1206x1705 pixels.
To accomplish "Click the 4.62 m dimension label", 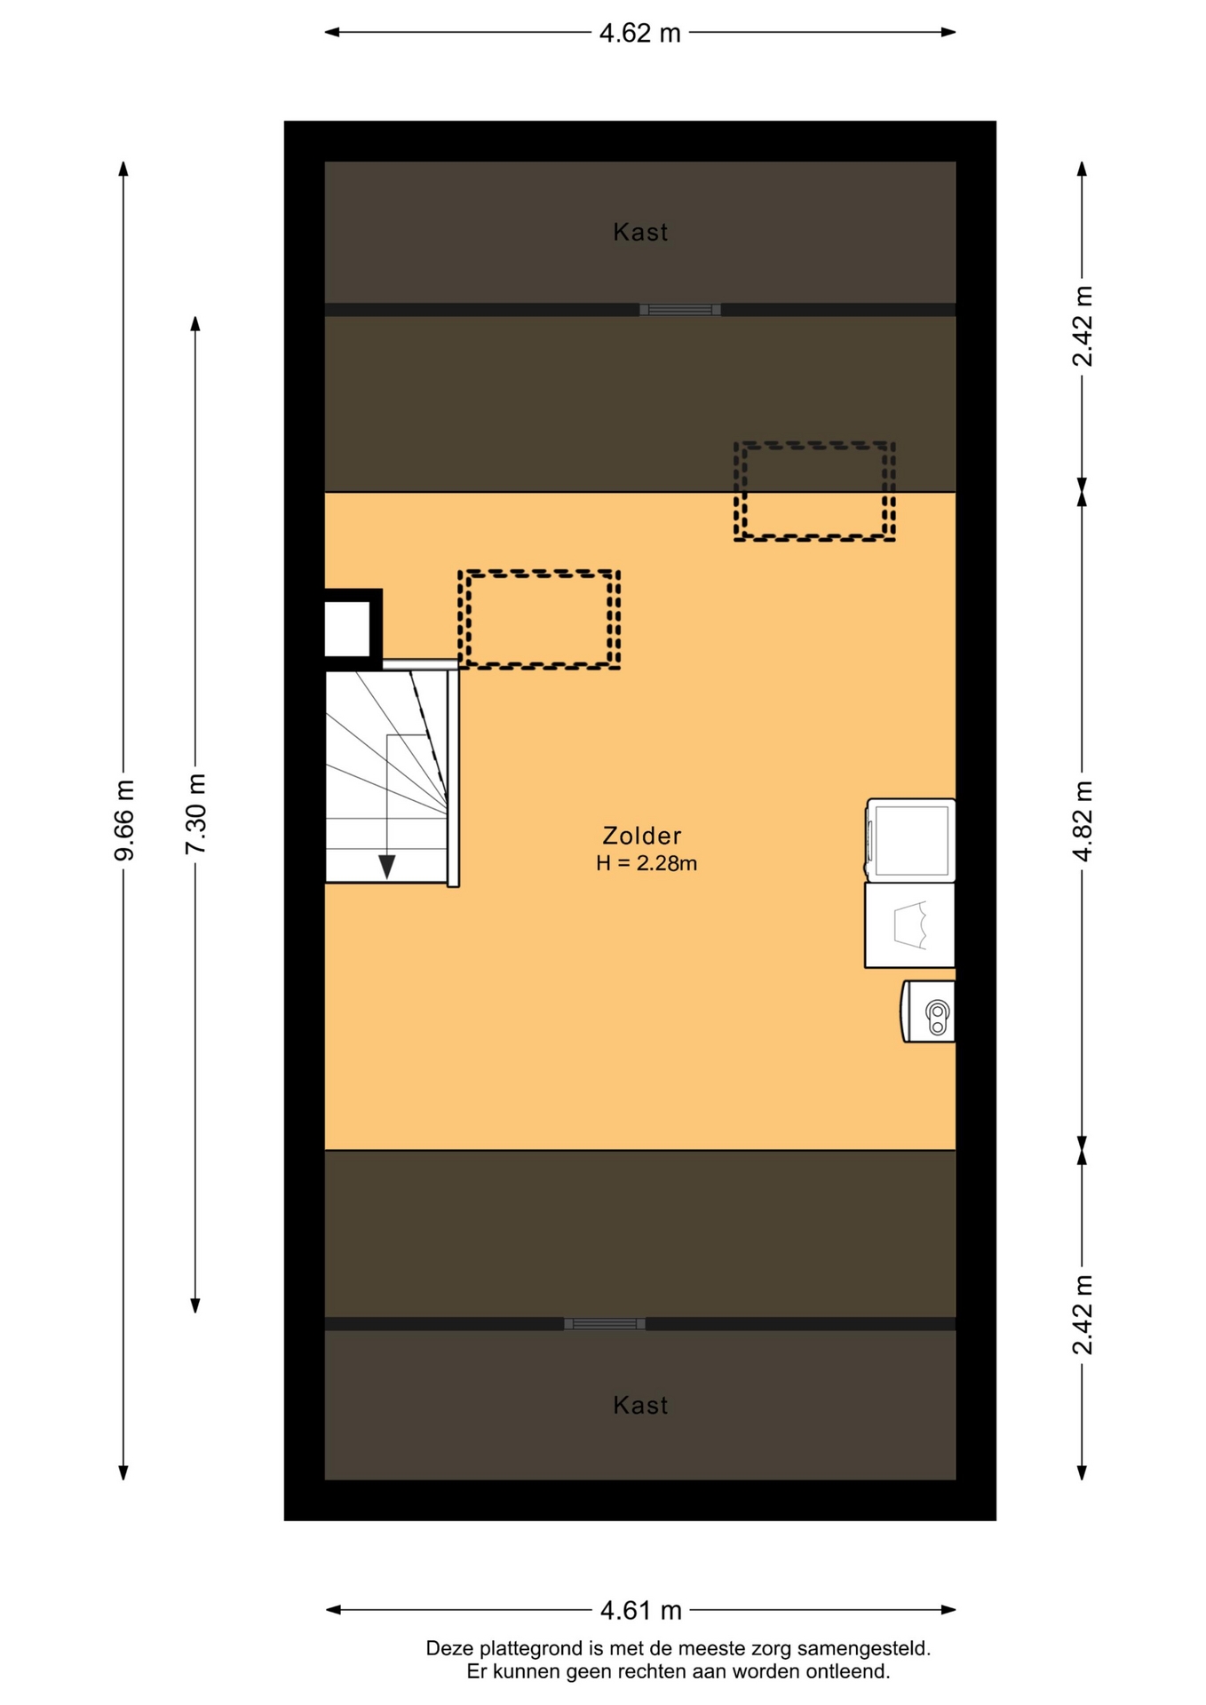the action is pyautogui.click(x=639, y=33).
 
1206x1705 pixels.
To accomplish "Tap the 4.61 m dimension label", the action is pyautogui.click(x=640, y=1609).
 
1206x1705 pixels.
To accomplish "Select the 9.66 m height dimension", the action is pyautogui.click(x=124, y=820).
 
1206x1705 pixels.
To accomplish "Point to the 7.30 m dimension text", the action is pyautogui.click(x=195, y=813).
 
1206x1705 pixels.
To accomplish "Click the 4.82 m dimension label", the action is pyautogui.click(x=1082, y=821).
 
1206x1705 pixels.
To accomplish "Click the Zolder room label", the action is pyautogui.click(x=642, y=836).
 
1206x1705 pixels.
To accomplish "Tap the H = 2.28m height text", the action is pyautogui.click(x=647, y=863).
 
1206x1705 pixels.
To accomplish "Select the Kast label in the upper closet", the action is pyautogui.click(x=640, y=233).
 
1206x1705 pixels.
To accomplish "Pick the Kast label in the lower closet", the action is pyautogui.click(x=640, y=1405).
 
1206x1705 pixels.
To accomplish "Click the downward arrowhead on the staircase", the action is pyautogui.click(x=387, y=867).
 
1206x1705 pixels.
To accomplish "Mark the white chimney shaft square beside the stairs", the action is pyautogui.click(x=347, y=629).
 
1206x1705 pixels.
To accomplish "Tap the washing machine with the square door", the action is pyautogui.click(x=910, y=840).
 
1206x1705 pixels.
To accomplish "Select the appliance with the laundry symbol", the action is pyautogui.click(x=909, y=925).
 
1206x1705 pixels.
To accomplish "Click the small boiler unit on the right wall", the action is pyautogui.click(x=928, y=1011).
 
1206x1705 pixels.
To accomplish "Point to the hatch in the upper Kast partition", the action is pyautogui.click(x=680, y=310).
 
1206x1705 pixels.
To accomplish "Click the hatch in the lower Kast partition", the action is pyautogui.click(x=605, y=1324).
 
